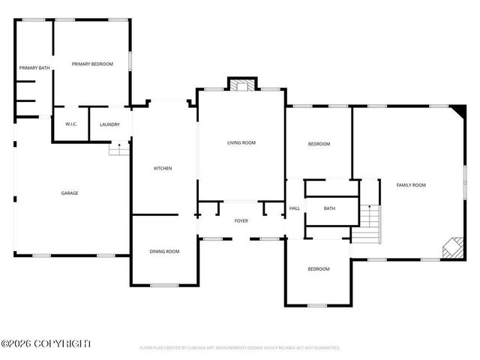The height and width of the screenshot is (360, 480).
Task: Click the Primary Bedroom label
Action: [92, 64]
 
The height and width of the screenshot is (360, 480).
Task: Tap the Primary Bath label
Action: [34, 68]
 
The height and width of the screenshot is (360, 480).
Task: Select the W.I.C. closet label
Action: [72, 124]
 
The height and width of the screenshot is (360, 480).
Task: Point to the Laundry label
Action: [109, 124]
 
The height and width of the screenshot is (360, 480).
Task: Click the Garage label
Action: [70, 193]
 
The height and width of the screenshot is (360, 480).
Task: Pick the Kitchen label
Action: [163, 168]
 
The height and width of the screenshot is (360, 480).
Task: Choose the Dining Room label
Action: [164, 251]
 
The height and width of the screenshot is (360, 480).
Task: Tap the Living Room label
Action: [241, 142]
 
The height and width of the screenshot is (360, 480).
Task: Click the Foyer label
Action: [241, 221]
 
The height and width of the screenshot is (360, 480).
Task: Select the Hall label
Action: [295, 208]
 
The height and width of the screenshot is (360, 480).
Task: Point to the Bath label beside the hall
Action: [329, 208]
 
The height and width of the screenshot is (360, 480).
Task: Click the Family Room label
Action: [411, 184]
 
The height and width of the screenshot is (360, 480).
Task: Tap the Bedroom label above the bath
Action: [319, 144]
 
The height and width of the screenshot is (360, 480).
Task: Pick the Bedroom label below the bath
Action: [319, 268]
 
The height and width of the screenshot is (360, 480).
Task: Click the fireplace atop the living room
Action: [241, 85]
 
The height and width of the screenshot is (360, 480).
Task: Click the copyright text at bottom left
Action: [46, 343]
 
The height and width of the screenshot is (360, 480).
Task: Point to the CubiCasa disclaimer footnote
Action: [240, 348]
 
